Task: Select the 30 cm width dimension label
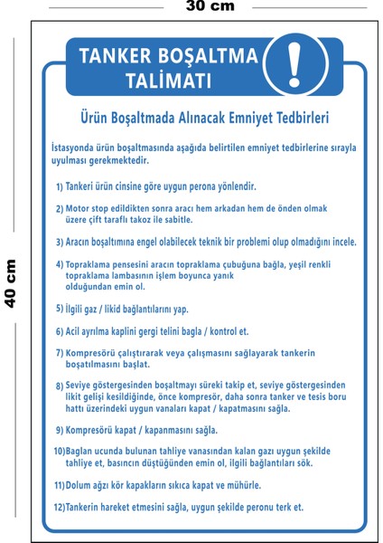[x=209, y=6]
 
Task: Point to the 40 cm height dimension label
[x=12, y=282]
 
